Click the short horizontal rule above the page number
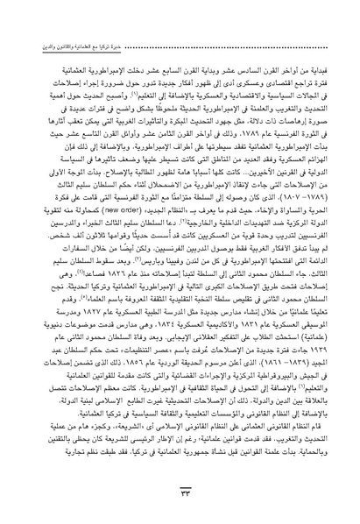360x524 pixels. coord(180,496)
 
